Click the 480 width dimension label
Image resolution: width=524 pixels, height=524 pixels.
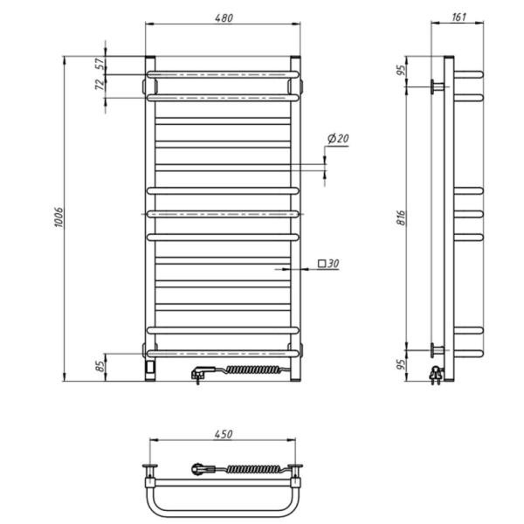224,17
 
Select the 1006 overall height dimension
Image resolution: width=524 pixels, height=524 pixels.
59,217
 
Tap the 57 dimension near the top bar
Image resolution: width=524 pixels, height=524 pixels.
100,63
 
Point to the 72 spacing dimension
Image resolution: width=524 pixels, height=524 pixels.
100,85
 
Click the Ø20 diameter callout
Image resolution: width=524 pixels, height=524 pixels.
338,138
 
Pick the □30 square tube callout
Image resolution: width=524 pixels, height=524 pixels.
328,264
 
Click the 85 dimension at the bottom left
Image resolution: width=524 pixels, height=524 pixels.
100,366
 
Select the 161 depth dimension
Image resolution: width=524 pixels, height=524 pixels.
458,17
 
